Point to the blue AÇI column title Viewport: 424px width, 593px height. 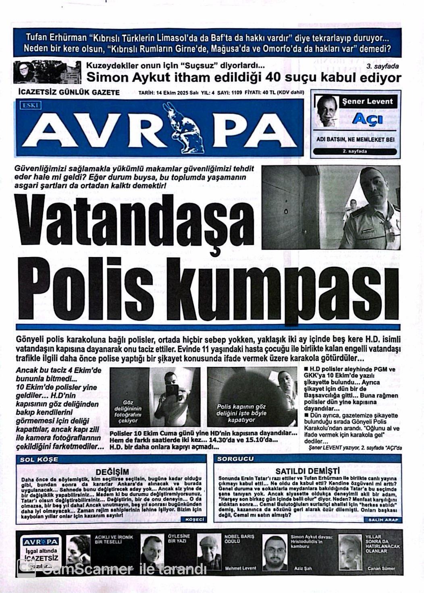pyautogui.click(x=367, y=119)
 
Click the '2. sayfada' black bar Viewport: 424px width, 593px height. pyautogui.click(x=356, y=152)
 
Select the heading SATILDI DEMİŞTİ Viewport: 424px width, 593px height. pyautogui.click(x=308, y=471)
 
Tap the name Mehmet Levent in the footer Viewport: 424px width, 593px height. pyautogui.click(x=240, y=568)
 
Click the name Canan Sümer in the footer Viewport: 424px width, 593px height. pyautogui.click(x=381, y=568)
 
